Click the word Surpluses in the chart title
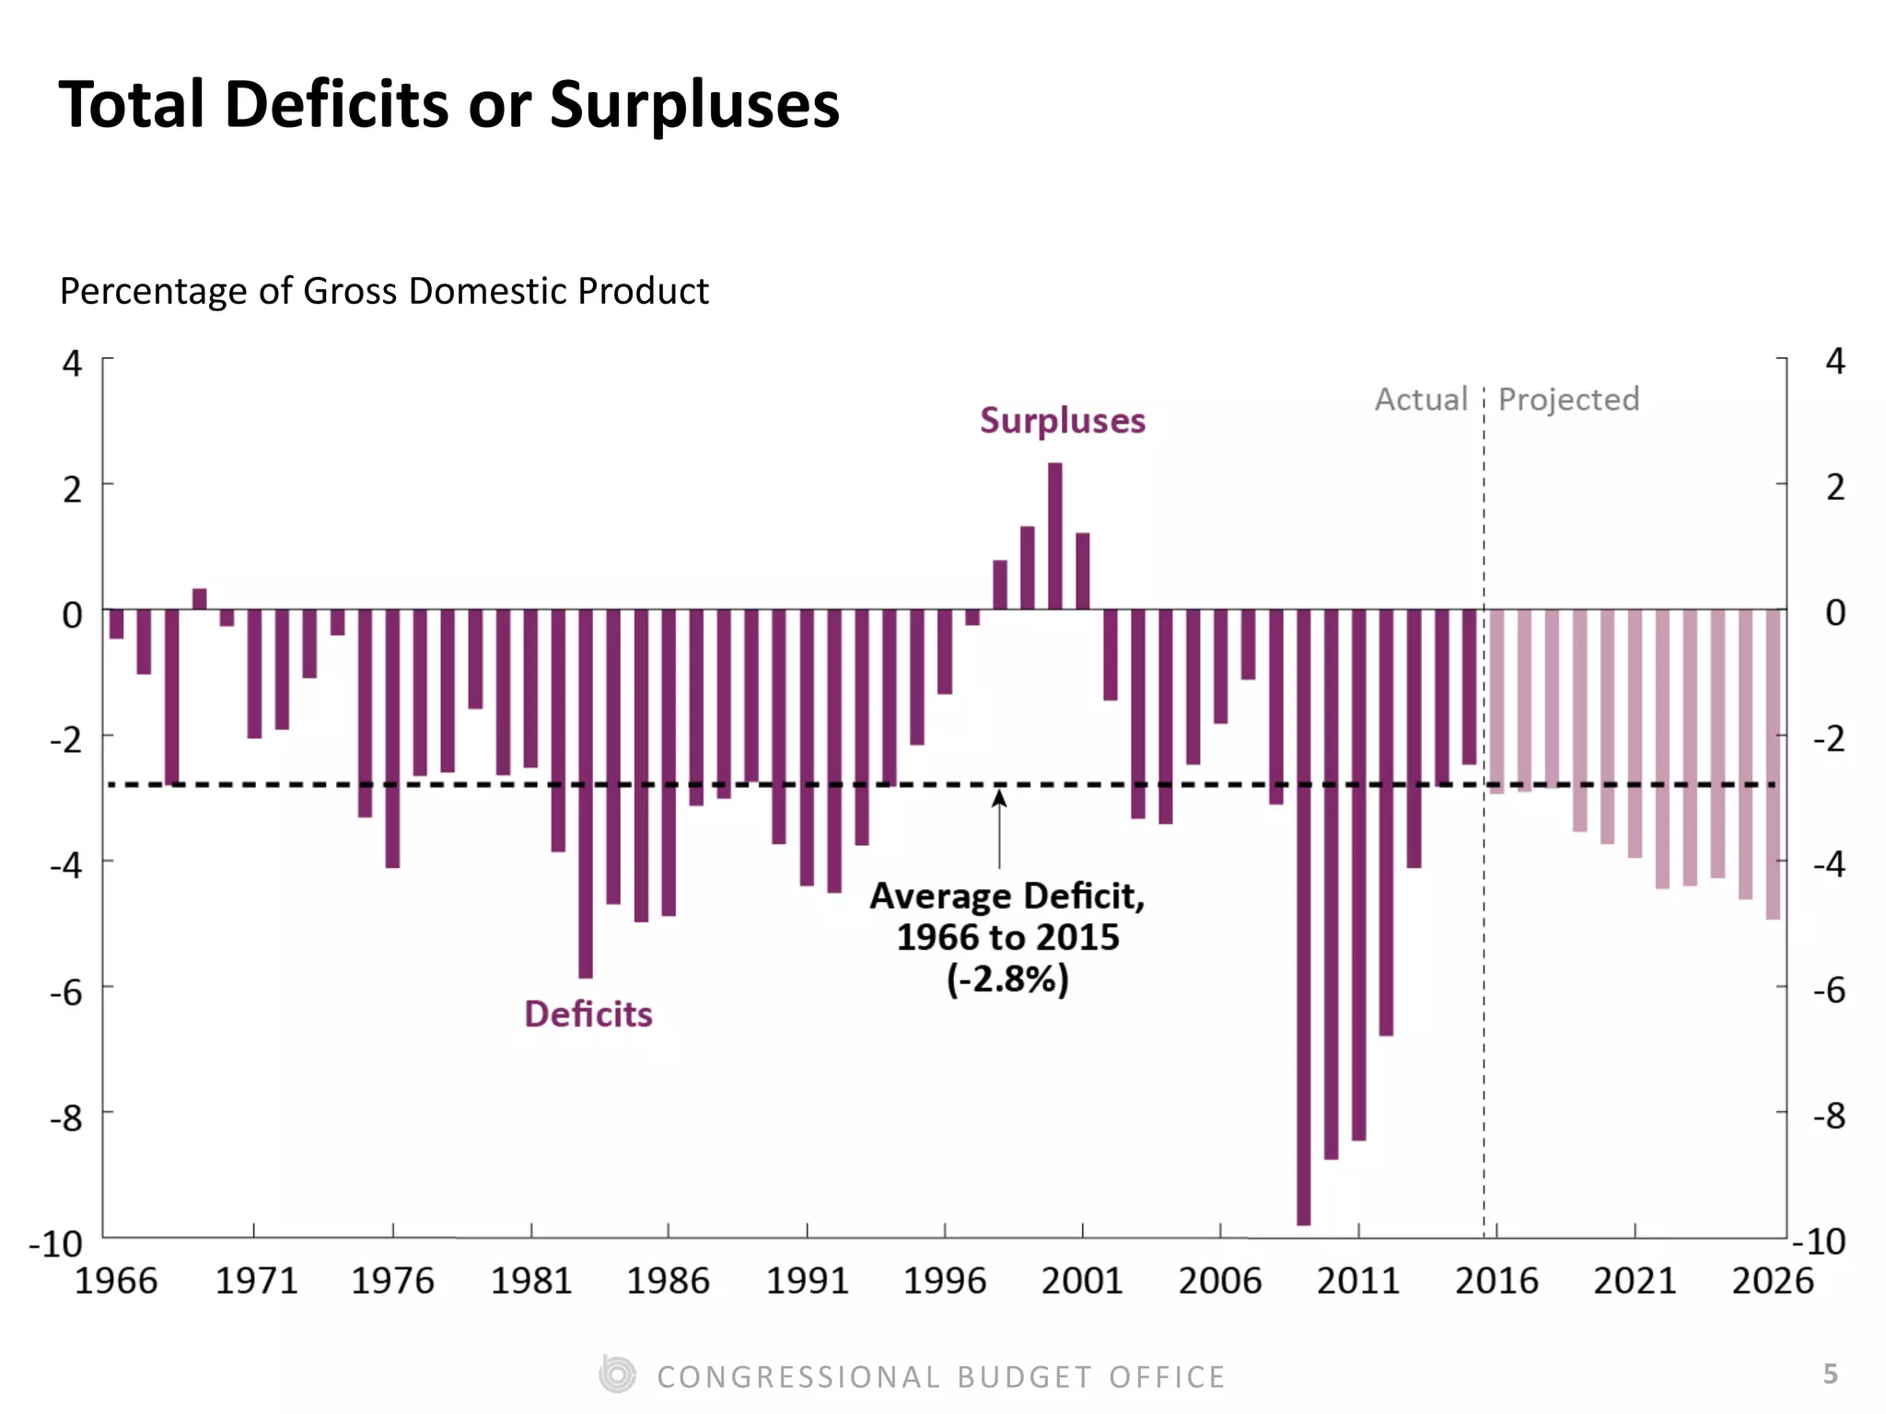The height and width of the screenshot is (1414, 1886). pos(694,105)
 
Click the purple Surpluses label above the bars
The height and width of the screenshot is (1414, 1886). pos(1062,421)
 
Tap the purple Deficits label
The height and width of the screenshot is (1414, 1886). pos(588,1014)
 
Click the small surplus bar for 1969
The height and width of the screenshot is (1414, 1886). pos(199,598)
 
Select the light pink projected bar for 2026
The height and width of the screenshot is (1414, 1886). pos(1772,764)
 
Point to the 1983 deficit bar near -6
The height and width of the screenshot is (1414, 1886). pos(586,792)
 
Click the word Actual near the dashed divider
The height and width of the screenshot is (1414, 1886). pos(1420,400)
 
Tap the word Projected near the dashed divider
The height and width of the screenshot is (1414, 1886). pos(1568,400)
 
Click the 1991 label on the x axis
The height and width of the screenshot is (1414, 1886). pos(807,1281)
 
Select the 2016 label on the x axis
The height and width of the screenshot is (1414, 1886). pos(1496,1281)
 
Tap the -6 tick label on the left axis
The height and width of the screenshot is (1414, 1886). pos(66,992)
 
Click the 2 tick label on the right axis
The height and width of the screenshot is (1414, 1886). pos(1834,488)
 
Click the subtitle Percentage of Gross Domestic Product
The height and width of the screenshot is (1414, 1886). pos(384,291)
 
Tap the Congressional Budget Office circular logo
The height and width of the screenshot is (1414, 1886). pos(617,1375)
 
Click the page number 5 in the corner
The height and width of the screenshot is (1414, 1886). pos(1830,1374)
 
